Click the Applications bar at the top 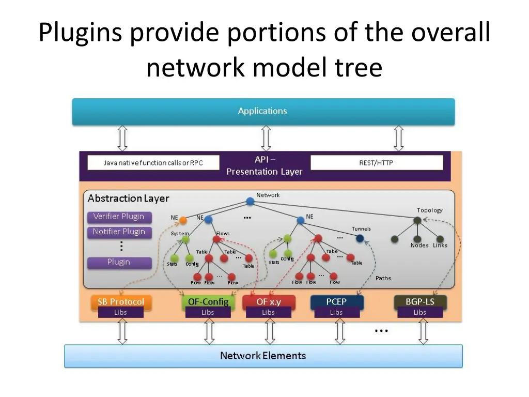pyautogui.click(x=263, y=111)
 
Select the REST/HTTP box pyautogui.click(x=377, y=163)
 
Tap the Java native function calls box pyautogui.click(x=153, y=163)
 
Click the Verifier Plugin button pyautogui.click(x=119, y=217)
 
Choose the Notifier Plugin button pyautogui.click(x=119, y=232)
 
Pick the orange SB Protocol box pyautogui.click(x=121, y=301)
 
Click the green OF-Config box pyautogui.click(x=208, y=301)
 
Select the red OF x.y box pyautogui.click(x=269, y=301)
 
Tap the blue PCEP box pyautogui.click(x=336, y=301)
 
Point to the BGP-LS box pyautogui.click(x=420, y=301)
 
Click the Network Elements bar pyautogui.click(x=263, y=356)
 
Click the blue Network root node pyautogui.click(x=250, y=201)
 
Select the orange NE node pyautogui.click(x=182, y=220)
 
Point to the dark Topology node pyautogui.click(x=417, y=221)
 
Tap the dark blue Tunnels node pyautogui.click(x=360, y=239)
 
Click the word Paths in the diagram pyautogui.click(x=383, y=278)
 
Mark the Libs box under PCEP pyautogui.click(x=336, y=312)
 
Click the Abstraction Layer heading pyautogui.click(x=128, y=198)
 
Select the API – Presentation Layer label pyautogui.click(x=264, y=166)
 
